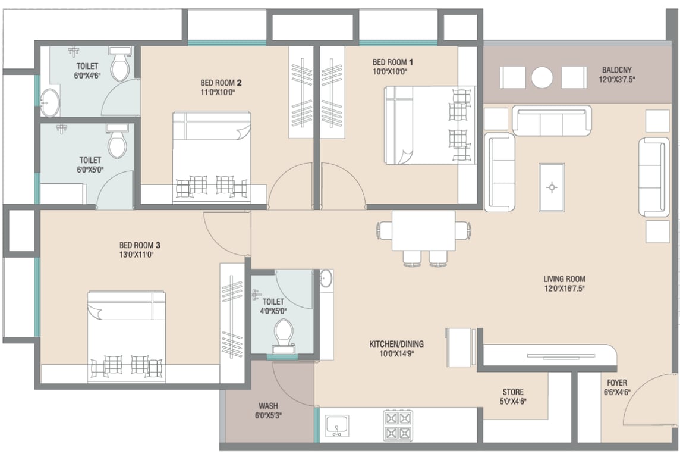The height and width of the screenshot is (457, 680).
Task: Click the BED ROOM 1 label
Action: (393, 62)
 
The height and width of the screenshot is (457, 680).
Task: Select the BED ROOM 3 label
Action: (140, 245)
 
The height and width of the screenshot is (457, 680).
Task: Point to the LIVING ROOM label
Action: (564, 279)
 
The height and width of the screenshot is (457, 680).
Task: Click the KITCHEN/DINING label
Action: (396, 344)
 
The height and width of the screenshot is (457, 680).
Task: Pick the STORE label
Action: (513, 392)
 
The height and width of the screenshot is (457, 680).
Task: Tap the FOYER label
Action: (616, 383)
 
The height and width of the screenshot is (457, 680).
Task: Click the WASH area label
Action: (268, 406)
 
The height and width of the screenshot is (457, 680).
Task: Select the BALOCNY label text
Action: (616, 70)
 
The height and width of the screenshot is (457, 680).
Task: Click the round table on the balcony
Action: (542, 78)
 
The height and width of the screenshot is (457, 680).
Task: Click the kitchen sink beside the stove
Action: (337, 425)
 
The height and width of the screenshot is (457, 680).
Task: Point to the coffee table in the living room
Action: (552, 187)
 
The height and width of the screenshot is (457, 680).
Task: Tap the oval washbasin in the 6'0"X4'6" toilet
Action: (51, 102)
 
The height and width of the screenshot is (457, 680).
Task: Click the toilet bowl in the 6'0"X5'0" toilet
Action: (117, 140)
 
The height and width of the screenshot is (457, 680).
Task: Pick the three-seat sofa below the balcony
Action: (552, 120)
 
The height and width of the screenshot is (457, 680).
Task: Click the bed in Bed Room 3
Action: (127, 337)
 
